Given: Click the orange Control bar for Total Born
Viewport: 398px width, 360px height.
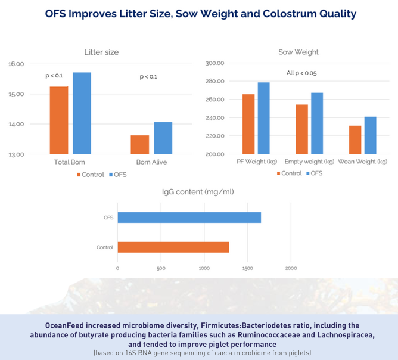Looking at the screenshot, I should click(x=59, y=120).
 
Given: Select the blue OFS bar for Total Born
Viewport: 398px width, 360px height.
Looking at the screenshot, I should click(x=82, y=113).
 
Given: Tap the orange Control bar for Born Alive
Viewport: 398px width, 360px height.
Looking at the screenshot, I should click(x=140, y=145).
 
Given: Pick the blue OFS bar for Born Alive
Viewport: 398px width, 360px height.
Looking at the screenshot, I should click(x=163, y=138).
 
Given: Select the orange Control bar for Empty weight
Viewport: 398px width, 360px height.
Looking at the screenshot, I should click(x=301, y=129).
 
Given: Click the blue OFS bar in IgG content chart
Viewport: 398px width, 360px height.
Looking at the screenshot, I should click(x=189, y=218).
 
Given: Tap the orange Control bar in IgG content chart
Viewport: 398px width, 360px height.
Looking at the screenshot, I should click(x=173, y=247).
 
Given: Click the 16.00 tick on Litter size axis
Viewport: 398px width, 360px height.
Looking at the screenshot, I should click(x=16, y=64).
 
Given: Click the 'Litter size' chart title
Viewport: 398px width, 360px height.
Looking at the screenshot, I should click(x=102, y=52).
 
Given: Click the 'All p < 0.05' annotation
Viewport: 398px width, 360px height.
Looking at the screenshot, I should click(x=301, y=73).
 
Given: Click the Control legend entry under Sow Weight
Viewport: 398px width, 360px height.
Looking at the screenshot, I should click(x=288, y=173).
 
